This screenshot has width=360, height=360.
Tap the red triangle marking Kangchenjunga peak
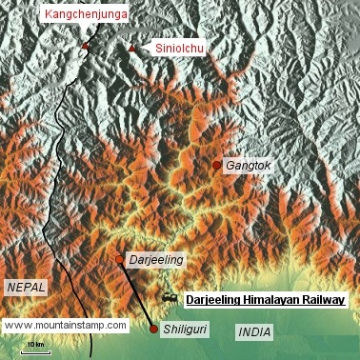coord(85,46)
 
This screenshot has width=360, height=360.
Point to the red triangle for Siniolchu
coord(132,48)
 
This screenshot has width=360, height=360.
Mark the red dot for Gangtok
coord(217,166)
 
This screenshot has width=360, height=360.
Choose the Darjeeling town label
coord(156,259)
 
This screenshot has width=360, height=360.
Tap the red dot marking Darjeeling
coord(120,259)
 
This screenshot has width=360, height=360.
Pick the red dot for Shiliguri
coord(154,330)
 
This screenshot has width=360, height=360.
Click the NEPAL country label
coord(26,287)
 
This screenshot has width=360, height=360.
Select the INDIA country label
coord(253,332)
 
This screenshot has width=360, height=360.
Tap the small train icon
coord(170,299)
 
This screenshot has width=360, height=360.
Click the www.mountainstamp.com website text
coord(66,325)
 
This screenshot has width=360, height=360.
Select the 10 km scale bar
coord(36,350)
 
